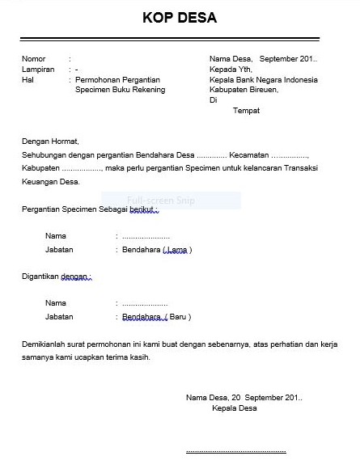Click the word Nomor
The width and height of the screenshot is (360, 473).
(x=34, y=59)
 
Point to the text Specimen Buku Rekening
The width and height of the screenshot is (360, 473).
(x=119, y=91)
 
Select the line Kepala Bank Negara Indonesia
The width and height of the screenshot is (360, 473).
(x=263, y=80)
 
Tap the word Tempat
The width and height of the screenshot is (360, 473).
(x=246, y=111)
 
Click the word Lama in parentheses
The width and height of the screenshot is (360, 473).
(x=177, y=251)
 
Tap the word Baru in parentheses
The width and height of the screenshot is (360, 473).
(x=179, y=317)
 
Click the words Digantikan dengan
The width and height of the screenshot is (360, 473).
(x=56, y=277)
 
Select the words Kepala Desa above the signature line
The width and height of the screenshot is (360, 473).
(x=234, y=409)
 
